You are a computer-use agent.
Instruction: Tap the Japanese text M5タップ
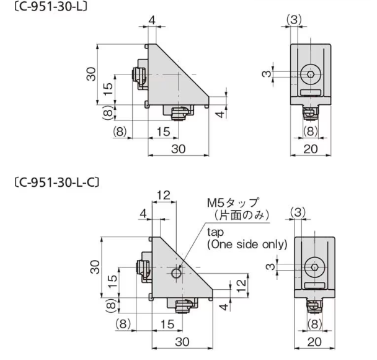click(233, 204)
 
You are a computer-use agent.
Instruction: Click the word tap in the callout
click(215, 232)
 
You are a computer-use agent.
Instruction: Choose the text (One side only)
click(247, 244)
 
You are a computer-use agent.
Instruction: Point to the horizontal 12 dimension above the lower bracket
click(162, 195)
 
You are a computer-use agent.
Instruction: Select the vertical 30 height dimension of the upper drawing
click(91, 76)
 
